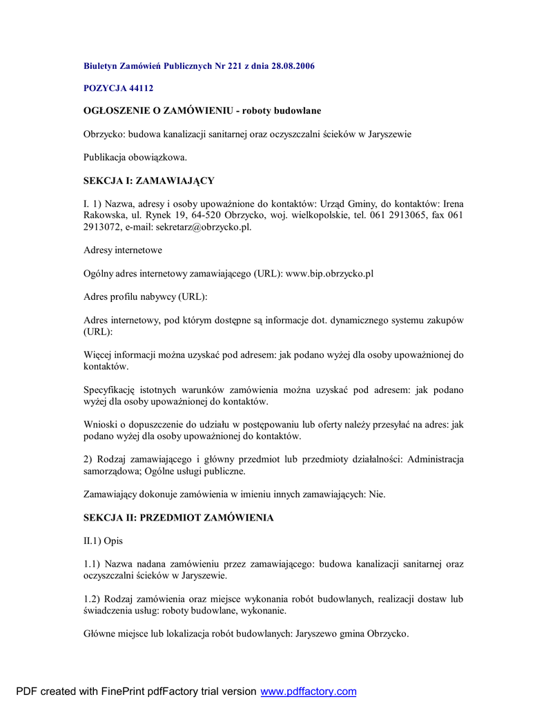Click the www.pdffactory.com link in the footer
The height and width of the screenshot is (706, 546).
308,692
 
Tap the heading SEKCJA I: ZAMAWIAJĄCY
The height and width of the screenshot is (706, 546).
149,181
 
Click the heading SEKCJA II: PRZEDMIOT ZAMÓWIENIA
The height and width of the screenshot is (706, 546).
179,518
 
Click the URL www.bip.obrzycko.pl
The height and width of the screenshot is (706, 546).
329,274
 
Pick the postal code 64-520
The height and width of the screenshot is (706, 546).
193,215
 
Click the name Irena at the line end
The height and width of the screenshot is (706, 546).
453,203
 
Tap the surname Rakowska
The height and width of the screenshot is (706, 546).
105,215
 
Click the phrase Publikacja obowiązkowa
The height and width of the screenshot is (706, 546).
135,157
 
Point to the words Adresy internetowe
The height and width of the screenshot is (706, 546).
123,250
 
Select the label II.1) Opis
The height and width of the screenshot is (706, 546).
103,541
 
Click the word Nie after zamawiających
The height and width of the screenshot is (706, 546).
377,494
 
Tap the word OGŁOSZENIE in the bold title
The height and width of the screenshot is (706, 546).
117,110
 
